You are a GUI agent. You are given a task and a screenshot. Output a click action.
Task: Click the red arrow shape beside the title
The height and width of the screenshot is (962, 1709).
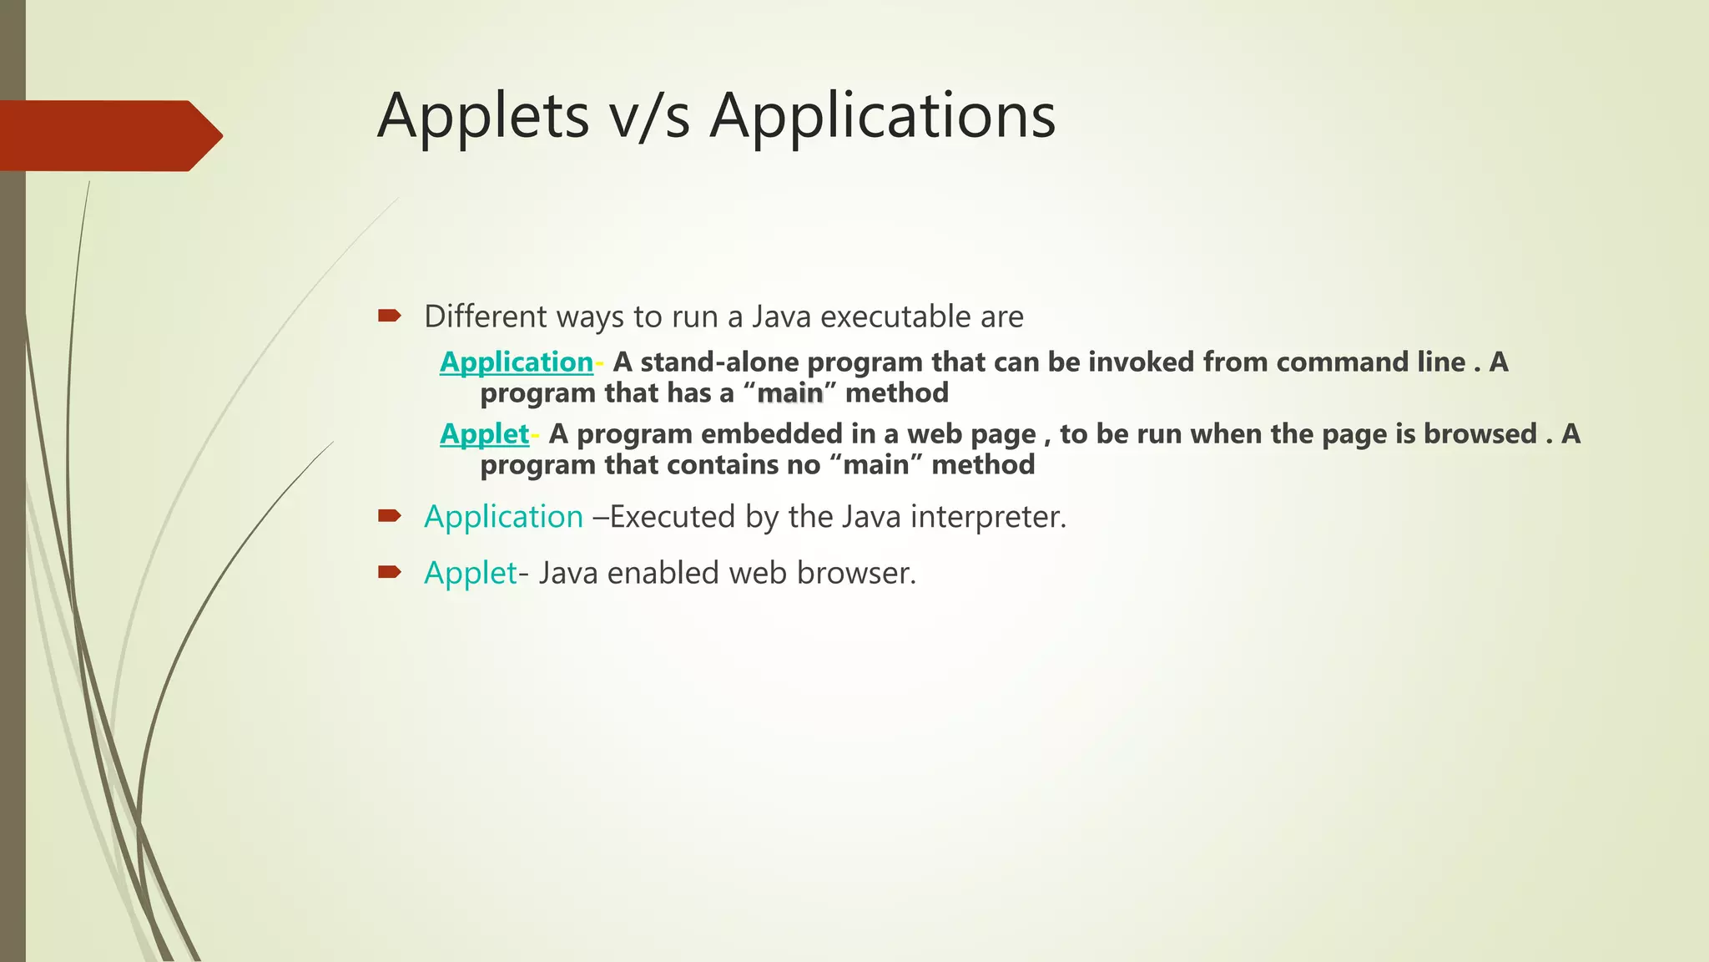[x=108, y=135]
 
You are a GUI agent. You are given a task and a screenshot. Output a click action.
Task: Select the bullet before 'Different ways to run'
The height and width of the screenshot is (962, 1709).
[x=389, y=316]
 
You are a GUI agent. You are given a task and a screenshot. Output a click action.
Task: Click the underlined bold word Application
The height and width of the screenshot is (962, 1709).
[x=516, y=362]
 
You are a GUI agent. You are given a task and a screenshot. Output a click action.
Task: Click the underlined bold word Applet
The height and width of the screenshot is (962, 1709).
[x=484, y=433]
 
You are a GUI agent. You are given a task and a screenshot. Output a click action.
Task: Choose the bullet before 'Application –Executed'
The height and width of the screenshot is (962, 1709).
[x=389, y=516]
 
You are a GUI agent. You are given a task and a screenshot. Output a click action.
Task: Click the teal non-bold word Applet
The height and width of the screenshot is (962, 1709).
[x=470, y=573]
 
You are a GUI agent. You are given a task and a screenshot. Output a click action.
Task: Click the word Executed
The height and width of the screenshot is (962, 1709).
[x=673, y=517]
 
